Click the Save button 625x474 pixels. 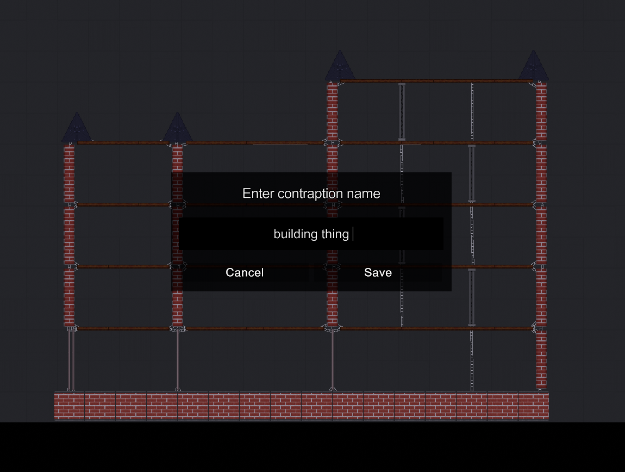378,272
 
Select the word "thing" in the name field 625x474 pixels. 335,234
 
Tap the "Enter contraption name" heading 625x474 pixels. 311,194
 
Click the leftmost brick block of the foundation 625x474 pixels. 69,406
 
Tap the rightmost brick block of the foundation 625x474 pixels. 533,406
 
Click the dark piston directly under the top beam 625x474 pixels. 402,111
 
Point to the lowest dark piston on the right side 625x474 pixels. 471,297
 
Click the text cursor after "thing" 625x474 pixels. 353,234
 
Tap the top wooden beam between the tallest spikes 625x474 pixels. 435,81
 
